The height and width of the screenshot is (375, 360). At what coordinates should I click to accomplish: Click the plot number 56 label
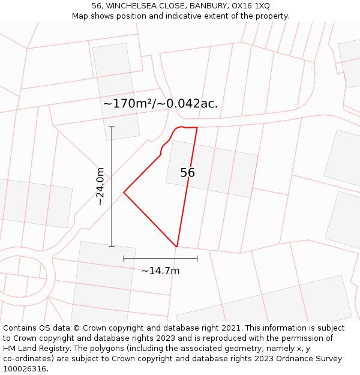[x=187, y=173]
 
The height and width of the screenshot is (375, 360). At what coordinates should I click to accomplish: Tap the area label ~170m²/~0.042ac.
[x=160, y=103]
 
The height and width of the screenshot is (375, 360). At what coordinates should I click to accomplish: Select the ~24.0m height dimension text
[x=100, y=187]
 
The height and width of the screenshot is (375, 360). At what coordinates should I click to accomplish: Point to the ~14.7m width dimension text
[x=160, y=271]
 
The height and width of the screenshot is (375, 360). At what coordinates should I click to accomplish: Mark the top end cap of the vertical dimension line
[x=112, y=127]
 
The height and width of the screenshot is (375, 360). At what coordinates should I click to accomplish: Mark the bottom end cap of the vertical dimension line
[x=112, y=246]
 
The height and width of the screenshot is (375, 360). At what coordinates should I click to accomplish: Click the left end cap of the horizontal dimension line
[x=124, y=259]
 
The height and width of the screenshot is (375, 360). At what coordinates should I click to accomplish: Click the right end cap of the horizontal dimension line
[x=197, y=259]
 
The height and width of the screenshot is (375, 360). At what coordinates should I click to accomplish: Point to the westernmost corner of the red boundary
[x=124, y=192]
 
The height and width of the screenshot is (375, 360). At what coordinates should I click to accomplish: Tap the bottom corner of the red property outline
[x=177, y=247]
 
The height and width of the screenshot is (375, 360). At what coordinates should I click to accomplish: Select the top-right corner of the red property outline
[x=197, y=127]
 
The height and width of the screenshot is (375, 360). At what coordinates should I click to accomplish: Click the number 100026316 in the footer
[x=25, y=368]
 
